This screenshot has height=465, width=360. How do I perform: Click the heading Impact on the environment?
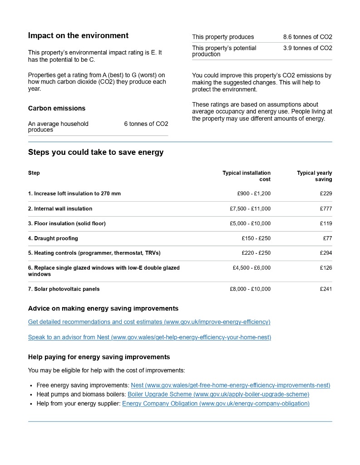[x=78, y=36]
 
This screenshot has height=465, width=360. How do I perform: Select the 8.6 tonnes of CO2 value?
[x=307, y=37]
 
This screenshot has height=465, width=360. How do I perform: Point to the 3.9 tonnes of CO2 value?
[x=307, y=48]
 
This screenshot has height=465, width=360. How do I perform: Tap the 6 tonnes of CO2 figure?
[x=146, y=124]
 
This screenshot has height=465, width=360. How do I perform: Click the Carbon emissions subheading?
[x=57, y=109]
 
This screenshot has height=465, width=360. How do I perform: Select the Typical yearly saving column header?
[x=314, y=176]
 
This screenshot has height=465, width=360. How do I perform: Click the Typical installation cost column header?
[x=247, y=176]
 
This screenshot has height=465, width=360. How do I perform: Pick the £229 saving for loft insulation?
[x=325, y=194]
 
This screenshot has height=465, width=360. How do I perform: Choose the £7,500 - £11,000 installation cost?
[x=250, y=209]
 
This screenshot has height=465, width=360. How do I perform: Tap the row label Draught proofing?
[x=53, y=238]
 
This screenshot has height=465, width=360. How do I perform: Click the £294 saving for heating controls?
[x=325, y=253]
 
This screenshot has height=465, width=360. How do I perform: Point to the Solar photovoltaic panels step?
[x=64, y=289]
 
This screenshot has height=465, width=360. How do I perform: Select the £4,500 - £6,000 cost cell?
[x=252, y=268]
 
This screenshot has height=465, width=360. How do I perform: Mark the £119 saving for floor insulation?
[x=325, y=223]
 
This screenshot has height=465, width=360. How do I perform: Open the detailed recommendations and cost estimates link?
[x=149, y=322]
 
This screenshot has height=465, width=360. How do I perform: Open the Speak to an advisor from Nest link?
[x=149, y=337]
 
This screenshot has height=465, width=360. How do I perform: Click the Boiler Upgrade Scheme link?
[x=218, y=395]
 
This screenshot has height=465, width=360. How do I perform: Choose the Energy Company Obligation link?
[x=216, y=404]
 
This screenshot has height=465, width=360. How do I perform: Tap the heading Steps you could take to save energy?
[x=96, y=153]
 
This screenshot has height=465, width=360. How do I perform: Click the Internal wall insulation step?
[x=60, y=209]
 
